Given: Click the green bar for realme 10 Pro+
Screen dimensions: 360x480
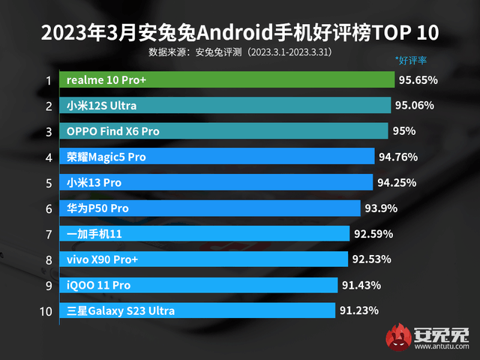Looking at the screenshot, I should pyautogui.click(x=228, y=79).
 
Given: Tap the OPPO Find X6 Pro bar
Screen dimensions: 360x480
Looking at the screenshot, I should pyautogui.click(x=225, y=131).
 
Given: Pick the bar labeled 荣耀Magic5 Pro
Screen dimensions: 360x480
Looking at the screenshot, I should pyautogui.click(x=218, y=157).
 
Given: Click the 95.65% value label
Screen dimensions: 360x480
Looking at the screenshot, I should pyautogui.click(x=418, y=79).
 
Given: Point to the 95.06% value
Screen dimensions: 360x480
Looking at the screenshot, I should pyautogui.click(x=415, y=106).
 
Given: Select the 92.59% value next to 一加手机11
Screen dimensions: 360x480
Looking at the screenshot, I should pyautogui.click(x=373, y=234).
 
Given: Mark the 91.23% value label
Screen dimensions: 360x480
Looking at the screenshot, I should pyautogui.click(x=358, y=310).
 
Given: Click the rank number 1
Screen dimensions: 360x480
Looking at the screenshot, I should pyautogui.click(x=48, y=80).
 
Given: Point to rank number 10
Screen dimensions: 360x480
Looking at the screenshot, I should pyautogui.click(x=47, y=310).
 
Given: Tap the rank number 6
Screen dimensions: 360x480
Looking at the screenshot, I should pyautogui.click(x=48, y=208).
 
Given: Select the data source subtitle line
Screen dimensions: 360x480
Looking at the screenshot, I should pyautogui.click(x=240, y=53).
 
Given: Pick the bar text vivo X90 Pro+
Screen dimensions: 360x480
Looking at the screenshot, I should pyautogui.click(x=103, y=259).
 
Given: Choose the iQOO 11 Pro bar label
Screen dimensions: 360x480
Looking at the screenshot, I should pyautogui.click(x=98, y=285).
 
